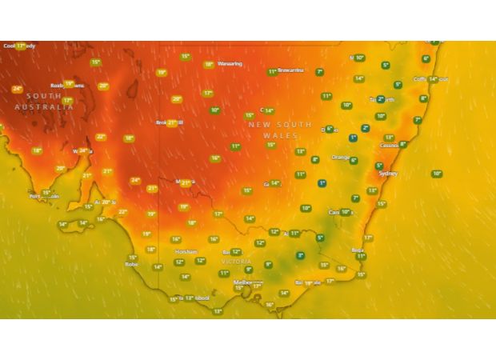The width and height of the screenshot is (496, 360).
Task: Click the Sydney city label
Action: [x=387, y=173]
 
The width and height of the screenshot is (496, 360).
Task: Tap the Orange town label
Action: [x=340, y=157]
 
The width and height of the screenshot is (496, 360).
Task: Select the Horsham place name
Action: [x=186, y=251]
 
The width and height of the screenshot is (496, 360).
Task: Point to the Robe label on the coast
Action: [x=132, y=264]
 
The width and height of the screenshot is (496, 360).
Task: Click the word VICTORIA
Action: [x=236, y=262]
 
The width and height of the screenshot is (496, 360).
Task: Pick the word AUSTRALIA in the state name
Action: [x=38, y=106]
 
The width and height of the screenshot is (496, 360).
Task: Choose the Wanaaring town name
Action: [x=230, y=64]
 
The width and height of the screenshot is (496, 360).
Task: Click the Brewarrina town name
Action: [x=291, y=70]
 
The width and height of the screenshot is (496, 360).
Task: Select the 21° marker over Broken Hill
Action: [x=171, y=122]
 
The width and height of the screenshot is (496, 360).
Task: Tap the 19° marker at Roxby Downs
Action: [x=69, y=83]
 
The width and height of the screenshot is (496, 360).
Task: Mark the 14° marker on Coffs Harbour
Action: [x=433, y=79]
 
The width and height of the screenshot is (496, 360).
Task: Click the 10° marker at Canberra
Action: [x=345, y=212]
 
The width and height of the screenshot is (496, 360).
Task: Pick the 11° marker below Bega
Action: [x=361, y=256]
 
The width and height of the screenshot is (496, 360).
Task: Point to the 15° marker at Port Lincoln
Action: [x=46, y=192]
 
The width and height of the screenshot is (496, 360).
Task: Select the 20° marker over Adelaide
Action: [x=106, y=202]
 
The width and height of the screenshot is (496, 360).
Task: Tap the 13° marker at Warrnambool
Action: [x=189, y=298]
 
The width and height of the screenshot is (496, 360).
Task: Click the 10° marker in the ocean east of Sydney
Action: [x=437, y=174]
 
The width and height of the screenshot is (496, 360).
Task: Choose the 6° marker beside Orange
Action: [x=354, y=160]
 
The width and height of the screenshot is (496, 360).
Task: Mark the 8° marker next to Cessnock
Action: [x=402, y=145]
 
